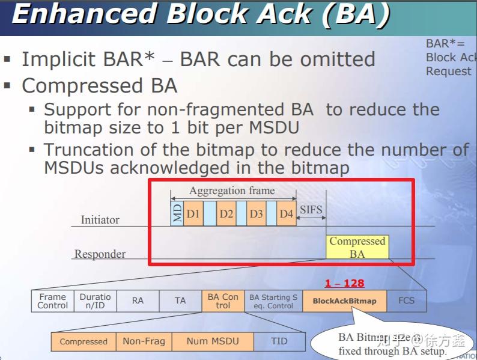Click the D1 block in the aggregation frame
(x=193, y=213)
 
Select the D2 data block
(x=225, y=213)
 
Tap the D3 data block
(x=256, y=213)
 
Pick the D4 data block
(x=286, y=213)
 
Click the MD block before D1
(x=177, y=213)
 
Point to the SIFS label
(x=311, y=210)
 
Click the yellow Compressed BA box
(x=357, y=247)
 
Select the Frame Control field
(x=53, y=301)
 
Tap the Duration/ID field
(x=95, y=301)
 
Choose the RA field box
(x=138, y=301)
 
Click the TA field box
(x=180, y=301)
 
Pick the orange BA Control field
(x=223, y=301)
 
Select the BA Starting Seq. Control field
(x=273, y=301)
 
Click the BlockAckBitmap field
(x=345, y=301)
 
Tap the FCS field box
(x=407, y=301)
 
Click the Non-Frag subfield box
(x=144, y=341)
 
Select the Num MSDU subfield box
(x=213, y=341)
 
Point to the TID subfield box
(x=279, y=341)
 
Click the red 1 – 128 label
(x=344, y=283)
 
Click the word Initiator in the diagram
(x=100, y=220)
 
